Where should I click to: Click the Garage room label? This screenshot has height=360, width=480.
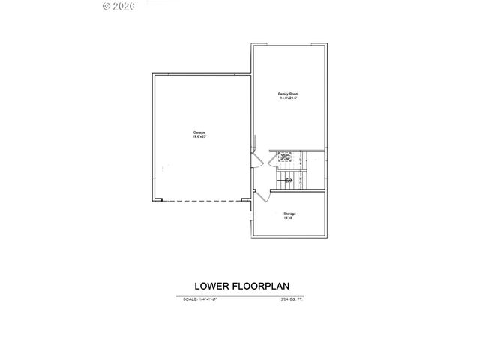pyautogui.click(x=199, y=133)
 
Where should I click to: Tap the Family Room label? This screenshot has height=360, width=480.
pyautogui.click(x=289, y=94)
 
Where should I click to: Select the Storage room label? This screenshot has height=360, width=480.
pyautogui.click(x=289, y=214)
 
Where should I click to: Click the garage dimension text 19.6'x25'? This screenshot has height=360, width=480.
pyautogui.click(x=199, y=137)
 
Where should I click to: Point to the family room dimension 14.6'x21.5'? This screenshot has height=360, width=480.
pyautogui.click(x=289, y=98)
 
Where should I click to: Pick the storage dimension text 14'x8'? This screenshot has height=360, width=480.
pyautogui.click(x=289, y=218)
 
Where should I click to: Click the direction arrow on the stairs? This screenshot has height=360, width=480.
pyautogui.click(x=289, y=180)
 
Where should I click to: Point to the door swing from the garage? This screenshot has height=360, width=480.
pyautogui.click(x=257, y=162)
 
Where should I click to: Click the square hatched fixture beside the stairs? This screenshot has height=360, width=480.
pyautogui.click(x=286, y=157)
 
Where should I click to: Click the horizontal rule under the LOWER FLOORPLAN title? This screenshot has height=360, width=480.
pyautogui.click(x=244, y=295)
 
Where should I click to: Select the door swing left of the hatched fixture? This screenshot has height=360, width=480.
pyautogui.click(x=274, y=156)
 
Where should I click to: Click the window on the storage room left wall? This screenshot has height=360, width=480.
pyautogui.click(x=251, y=217)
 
